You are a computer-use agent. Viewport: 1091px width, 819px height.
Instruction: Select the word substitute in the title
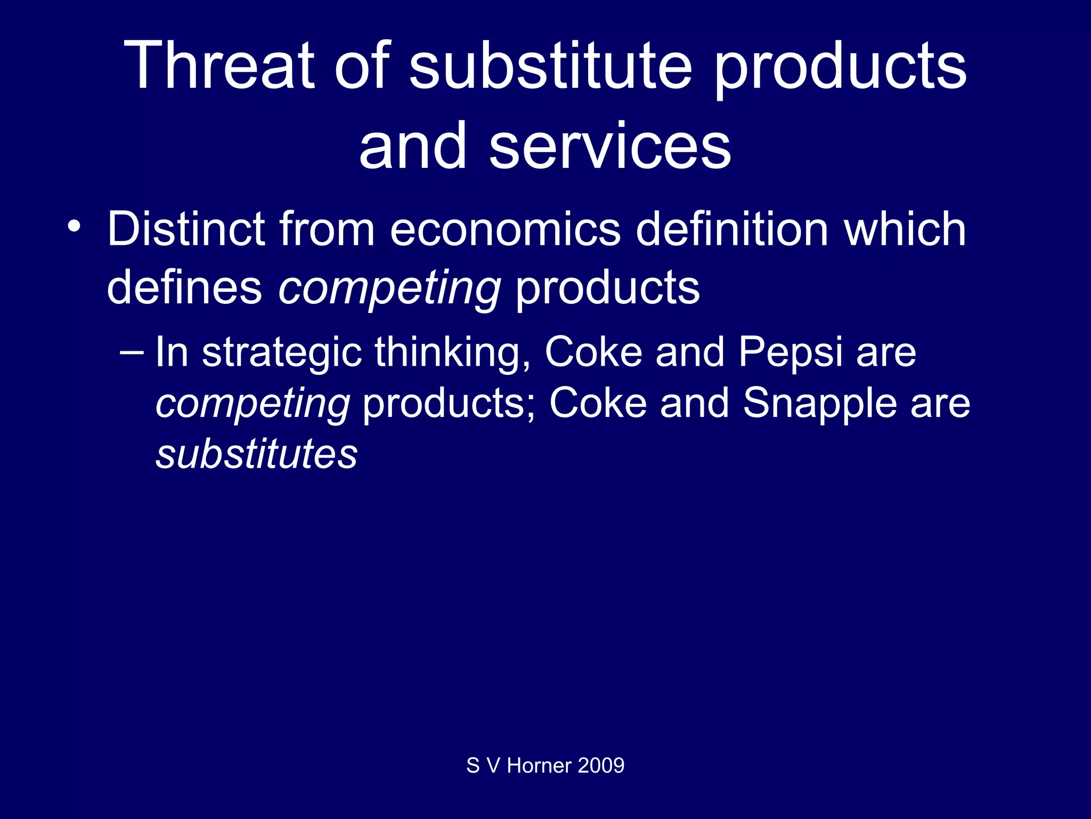(x=551, y=66)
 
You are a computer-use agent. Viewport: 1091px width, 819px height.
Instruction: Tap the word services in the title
(x=610, y=146)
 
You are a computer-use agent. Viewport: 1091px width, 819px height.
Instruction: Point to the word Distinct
(x=186, y=229)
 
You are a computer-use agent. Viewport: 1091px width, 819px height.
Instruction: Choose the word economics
(x=505, y=229)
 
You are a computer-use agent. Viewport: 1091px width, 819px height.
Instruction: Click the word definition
(x=732, y=229)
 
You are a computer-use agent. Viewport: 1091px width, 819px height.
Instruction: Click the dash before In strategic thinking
(x=132, y=352)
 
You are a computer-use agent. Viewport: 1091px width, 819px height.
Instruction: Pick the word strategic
(x=282, y=353)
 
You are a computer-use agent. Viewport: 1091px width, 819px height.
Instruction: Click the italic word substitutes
(x=256, y=454)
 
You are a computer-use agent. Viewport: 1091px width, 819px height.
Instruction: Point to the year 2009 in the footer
(x=601, y=766)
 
